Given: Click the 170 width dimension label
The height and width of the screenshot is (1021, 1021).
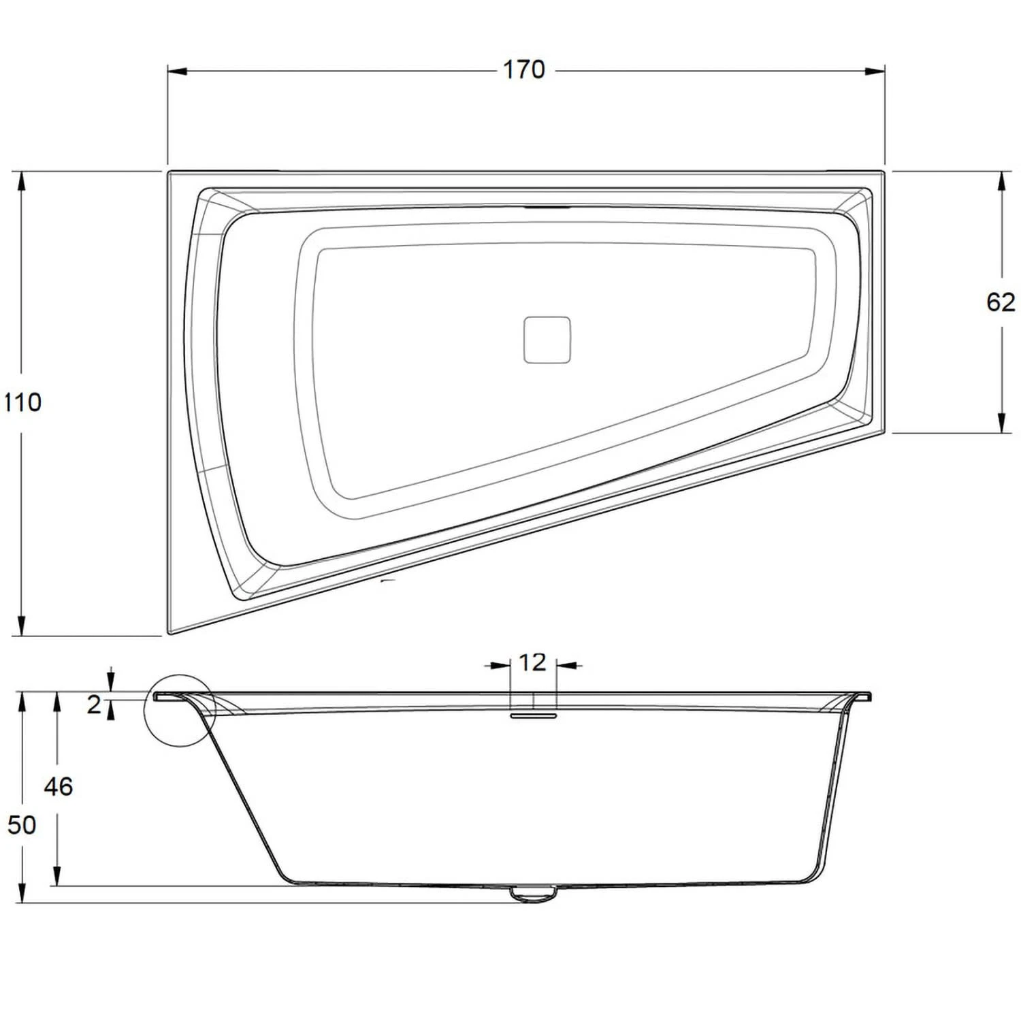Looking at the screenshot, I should (x=523, y=69).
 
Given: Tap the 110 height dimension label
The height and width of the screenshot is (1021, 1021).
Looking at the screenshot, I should (x=22, y=402).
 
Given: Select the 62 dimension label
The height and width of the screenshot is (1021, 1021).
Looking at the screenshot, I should (x=1000, y=302).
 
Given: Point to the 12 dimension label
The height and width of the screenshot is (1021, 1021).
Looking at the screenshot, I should (x=532, y=662).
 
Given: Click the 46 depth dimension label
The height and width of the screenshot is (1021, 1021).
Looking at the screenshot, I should (x=58, y=787).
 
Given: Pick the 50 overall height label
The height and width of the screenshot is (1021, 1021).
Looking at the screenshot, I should (x=22, y=825).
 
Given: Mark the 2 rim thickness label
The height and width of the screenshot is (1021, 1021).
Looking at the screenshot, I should (x=94, y=705).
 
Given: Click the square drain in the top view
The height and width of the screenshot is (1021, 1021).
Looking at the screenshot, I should (x=547, y=340).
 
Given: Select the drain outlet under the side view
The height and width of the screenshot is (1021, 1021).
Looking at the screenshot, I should (x=533, y=893).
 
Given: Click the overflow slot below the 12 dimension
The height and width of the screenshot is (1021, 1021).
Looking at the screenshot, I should (x=533, y=715).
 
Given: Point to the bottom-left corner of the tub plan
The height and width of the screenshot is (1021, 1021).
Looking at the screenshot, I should (x=170, y=632).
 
